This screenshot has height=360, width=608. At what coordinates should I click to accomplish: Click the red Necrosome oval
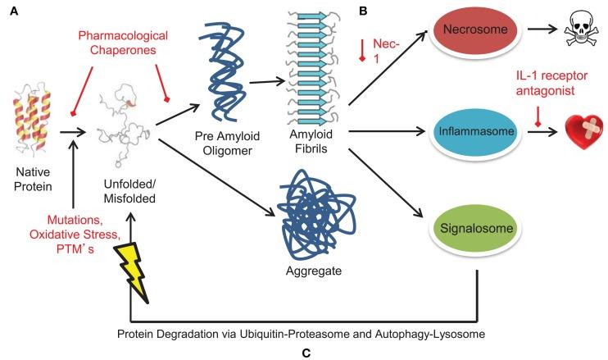(x=475, y=30)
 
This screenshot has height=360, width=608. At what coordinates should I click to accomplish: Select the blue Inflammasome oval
(x=476, y=131)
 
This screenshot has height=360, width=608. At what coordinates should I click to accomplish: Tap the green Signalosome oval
(x=476, y=228)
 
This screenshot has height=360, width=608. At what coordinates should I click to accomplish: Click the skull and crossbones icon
(x=580, y=29)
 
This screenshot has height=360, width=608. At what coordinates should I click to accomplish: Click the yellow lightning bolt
(x=132, y=272)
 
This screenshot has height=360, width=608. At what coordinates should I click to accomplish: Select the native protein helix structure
(x=32, y=121)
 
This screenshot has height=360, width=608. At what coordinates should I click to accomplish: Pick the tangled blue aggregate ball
(x=315, y=217)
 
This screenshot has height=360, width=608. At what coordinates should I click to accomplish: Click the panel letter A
(x=14, y=11)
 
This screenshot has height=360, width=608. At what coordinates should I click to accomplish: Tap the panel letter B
(x=363, y=11)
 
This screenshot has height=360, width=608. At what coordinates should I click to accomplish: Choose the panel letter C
(x=306, y=353)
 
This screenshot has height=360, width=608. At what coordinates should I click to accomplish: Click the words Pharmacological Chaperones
(x=123, y=43)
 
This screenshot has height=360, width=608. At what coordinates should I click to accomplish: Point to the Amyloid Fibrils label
(x=311, y=141)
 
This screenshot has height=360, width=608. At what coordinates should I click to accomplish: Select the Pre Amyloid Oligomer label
(x=227, y=144)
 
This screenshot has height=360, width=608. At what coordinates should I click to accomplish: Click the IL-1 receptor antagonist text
(x=551, y=83)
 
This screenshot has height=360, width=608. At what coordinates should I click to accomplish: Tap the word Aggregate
(x=314, y=271)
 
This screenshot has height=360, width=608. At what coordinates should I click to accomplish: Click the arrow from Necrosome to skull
(x=542, y=29)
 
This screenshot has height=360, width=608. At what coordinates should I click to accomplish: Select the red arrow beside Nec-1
(x=362, y=50)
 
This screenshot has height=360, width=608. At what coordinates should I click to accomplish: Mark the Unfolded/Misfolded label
(x=129, y=191)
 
